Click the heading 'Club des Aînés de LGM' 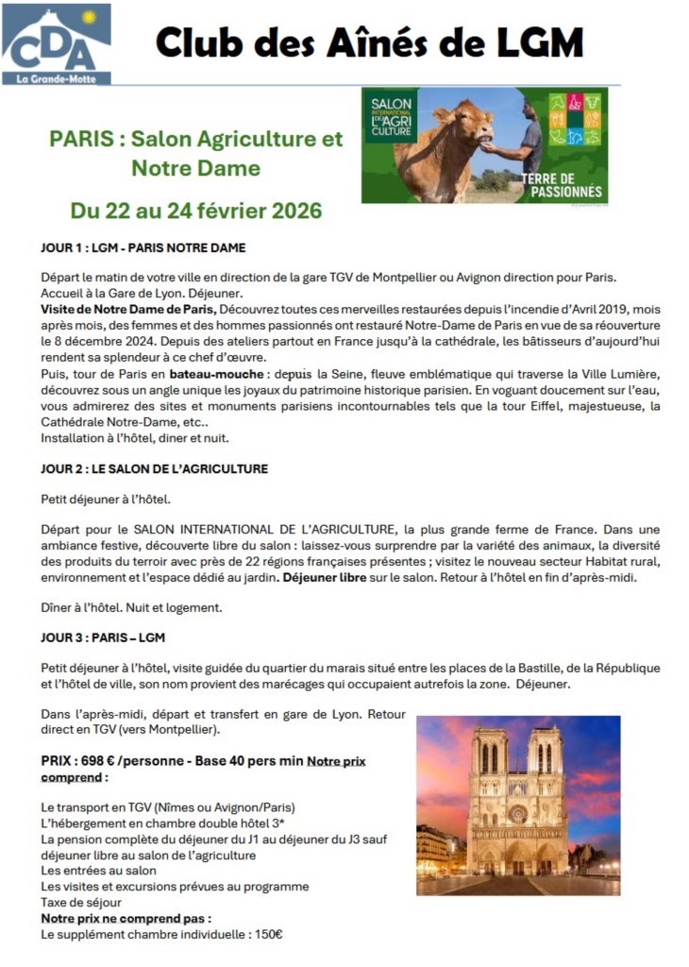click(x=369, y=42)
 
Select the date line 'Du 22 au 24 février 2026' click(x=196, y=210)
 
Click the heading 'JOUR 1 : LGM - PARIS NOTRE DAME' click(x=143, y=248)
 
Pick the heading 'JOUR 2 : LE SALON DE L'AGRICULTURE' click(x=154, y=468)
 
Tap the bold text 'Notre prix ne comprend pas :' click(x=126, y=918)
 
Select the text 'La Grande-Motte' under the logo click(x=56, y=78)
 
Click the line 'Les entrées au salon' click(x=98, y=871)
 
